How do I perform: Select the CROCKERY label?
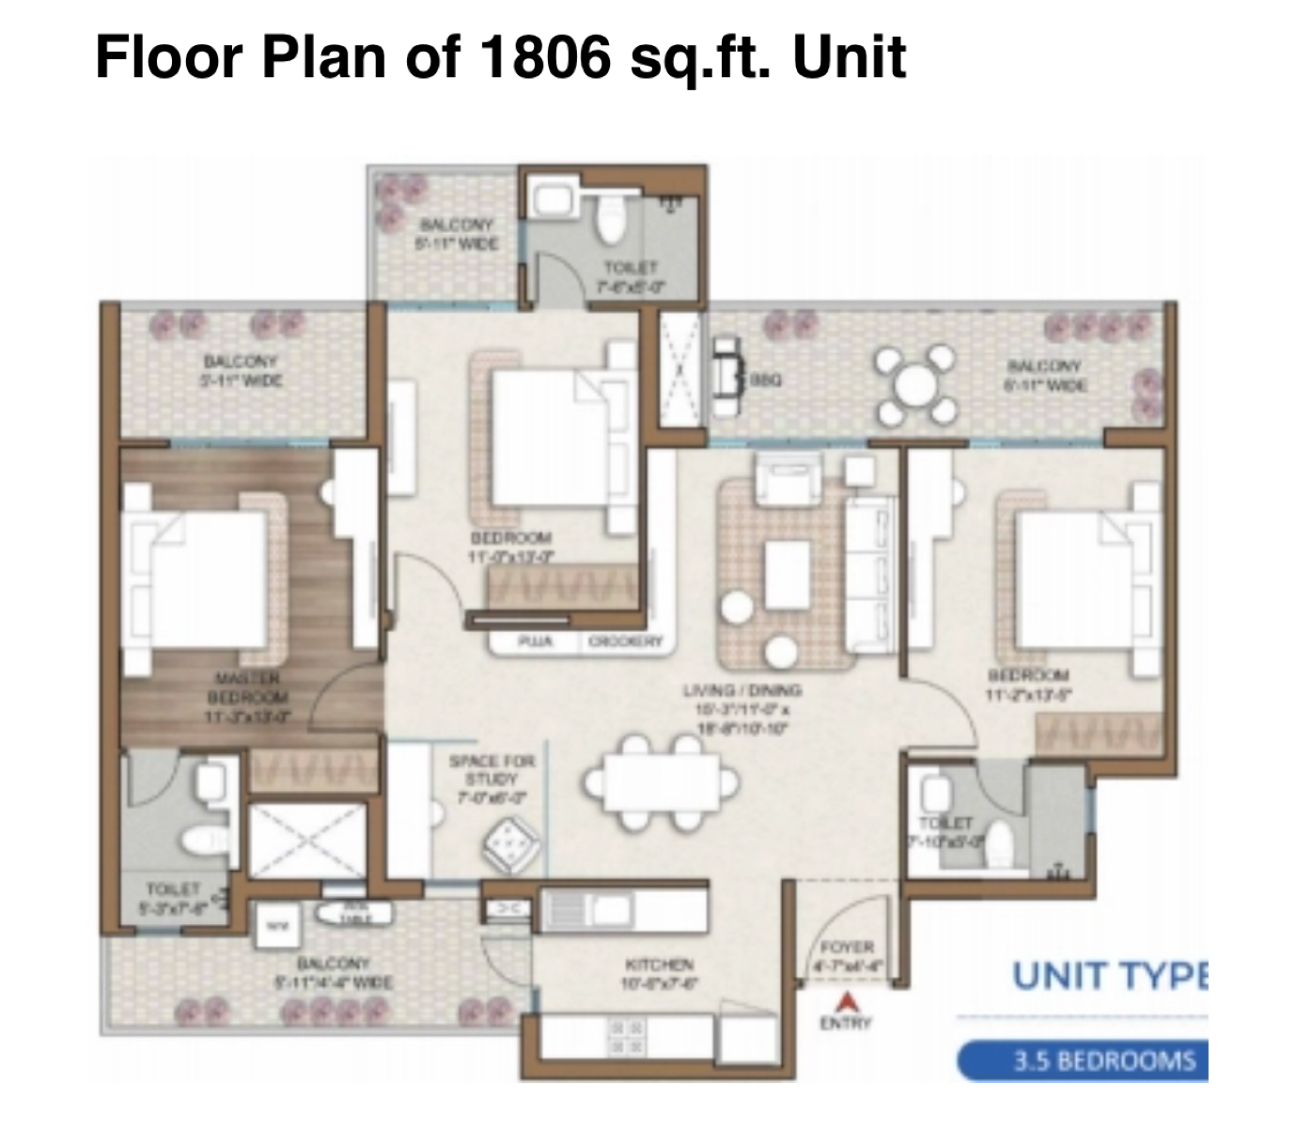[x=625, y=642]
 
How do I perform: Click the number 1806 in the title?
[x=539, y=57]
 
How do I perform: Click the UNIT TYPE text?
[x=1109, y=977]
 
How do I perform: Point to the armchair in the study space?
[x=511, y=841]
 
